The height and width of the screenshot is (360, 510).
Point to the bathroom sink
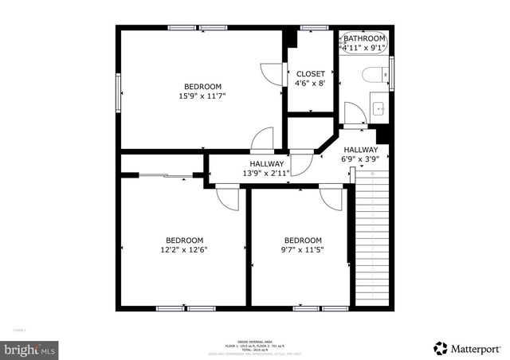(378, 108)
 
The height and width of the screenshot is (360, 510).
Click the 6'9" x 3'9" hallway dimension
(361, 158)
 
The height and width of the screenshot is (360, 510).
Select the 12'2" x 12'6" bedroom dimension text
(184, 249)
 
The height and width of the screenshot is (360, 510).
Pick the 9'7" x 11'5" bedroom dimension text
(303, 249)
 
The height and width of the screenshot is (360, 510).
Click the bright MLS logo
(30, 349)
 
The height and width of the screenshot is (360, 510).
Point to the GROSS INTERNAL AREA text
(255, 341)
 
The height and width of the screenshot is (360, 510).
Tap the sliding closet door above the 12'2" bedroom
(165, 174)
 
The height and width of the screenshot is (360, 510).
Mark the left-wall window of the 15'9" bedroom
(119, 86)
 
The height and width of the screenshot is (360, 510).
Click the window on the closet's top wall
(314, 28)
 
